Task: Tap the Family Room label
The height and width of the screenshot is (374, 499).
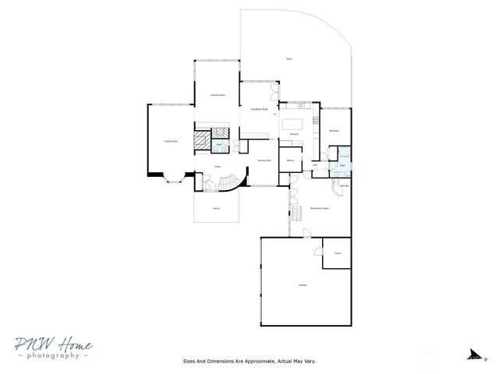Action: pyautogui.click(x=217, y=94)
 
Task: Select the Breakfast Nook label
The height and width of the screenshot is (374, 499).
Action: pyautogui.click(x=260, y=110)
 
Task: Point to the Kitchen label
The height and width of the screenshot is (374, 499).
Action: pyautogui.click(x=294, y=135)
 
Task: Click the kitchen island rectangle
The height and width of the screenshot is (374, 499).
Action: pyautogui.click(x=294, y=124)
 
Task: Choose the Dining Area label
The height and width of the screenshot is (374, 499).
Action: pyautogui.click(x=264, y=160)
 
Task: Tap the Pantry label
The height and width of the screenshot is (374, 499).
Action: pyautogui.click(x=290, y=161)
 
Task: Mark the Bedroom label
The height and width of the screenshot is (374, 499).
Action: pyautogui.click(x=334, y=131)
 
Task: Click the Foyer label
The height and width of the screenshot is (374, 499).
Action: pyautogui.click(x=219, y=166)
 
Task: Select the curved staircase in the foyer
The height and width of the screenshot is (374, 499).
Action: pyautogui.click(x=230, y=183)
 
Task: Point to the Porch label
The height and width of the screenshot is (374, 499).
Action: pyautogui.click(x=217, y=208)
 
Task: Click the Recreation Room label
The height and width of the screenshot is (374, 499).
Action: pyautogui.click(x=318, y=208)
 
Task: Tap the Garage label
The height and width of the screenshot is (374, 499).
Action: pyautogui.click(x=303, y=284)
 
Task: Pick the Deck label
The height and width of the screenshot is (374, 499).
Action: pyautogui.click(x=289, y=59)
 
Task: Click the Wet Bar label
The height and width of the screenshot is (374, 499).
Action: pyautogui.click(x=343, y=185)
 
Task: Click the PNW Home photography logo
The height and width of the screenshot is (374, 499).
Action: pyautogui.click(x=52, y=348)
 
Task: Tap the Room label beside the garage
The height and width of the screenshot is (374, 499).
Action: pyautogui.click(x=338, y=253)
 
